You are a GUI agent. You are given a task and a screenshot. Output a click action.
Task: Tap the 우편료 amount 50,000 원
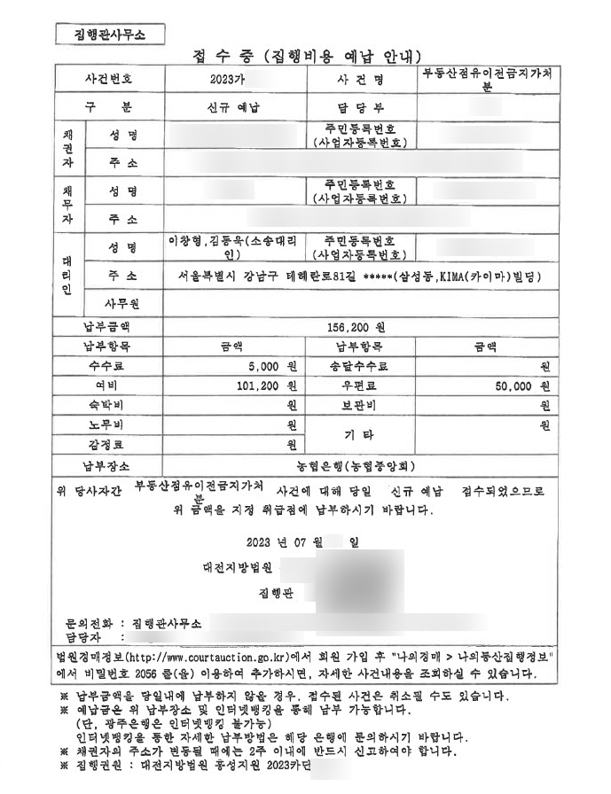tap(519, 386)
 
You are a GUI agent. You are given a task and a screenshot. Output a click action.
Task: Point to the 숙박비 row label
tap(106, 406)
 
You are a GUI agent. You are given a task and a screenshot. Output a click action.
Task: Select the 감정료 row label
tap(106, 444)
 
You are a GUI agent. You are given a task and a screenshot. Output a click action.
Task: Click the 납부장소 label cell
tap(106, 464)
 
